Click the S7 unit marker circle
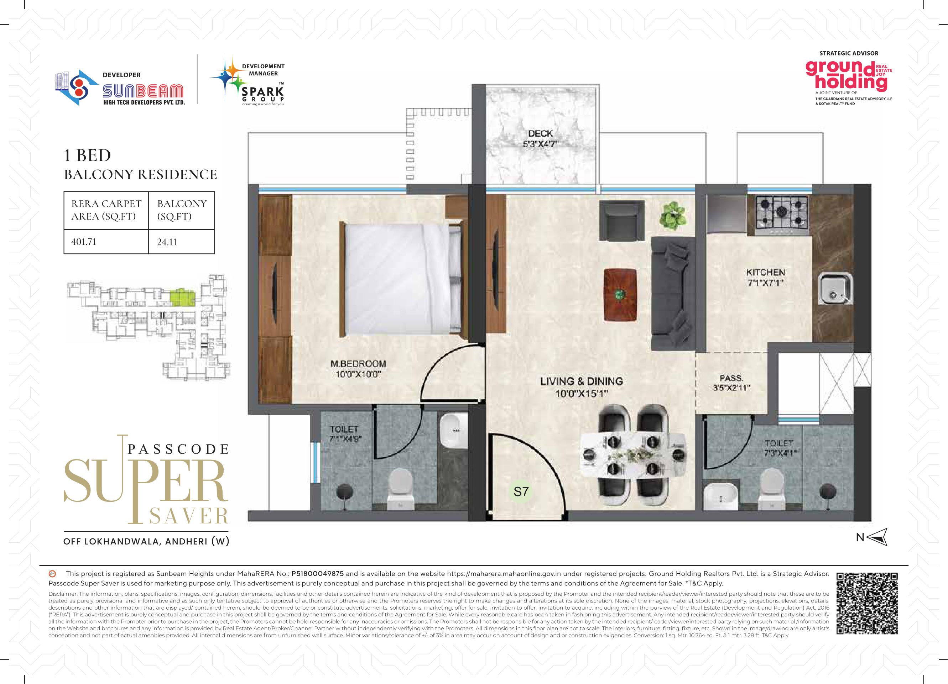pyautogui.click(x=521, y=492)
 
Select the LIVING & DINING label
pyautogui.click(x=582, y=381)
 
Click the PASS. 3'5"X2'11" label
pyautogui.click(x=731, y=383)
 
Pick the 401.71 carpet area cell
pyautogui.click(x=84, y=241)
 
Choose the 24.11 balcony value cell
pyautogui.click(x=167, y=241)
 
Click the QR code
pyautogui.click(x=867, y=604)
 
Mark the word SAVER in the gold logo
pyautogui.click(x=188, y=516)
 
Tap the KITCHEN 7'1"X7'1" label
pyautogui.click(x=766, y=277)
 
